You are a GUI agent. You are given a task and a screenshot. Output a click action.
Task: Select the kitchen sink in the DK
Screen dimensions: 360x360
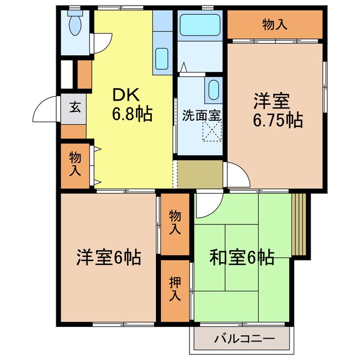pyautogui.click(x=162, y=57)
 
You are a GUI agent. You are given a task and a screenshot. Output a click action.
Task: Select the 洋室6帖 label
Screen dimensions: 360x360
pyautogui.click(x=108, y=258)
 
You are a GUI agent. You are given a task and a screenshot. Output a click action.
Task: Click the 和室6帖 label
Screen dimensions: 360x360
pyautogui.click(x=242, y=258)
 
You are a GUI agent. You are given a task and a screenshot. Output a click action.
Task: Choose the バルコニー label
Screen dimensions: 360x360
pyautogui.click(x=243, y=339)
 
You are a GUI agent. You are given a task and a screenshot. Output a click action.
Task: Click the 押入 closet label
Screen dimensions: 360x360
pyautogui.click(x=174, y=287)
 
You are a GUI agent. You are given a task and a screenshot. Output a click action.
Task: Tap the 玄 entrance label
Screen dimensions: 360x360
pyautogui.click(x=74, y=107)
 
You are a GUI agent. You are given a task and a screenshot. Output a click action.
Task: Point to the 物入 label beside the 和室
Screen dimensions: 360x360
pyautogui.click(x=174, y=222)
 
